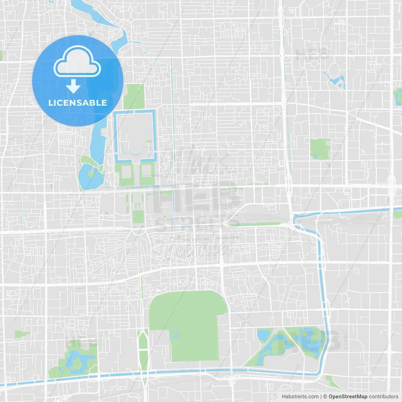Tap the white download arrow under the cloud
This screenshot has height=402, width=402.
(73, 86)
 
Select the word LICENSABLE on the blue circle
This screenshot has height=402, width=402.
(78, 103)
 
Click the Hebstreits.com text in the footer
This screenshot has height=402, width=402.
(300, 397)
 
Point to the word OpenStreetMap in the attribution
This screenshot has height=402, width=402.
(348, 397)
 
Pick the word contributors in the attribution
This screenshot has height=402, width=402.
(383, 397)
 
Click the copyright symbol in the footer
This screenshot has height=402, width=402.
(325, 397)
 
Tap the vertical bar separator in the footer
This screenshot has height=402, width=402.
(321, 397)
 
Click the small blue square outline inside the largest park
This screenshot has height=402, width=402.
(175, 334)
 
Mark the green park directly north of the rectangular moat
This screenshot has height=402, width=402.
(134, 96)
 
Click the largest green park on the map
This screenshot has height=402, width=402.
(188, 323)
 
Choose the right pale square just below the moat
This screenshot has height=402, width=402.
(146, 171)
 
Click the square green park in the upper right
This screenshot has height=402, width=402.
(320, 149)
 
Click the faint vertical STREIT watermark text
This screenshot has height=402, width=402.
(346, 339)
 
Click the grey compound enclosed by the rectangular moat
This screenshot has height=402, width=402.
(135, 135)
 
